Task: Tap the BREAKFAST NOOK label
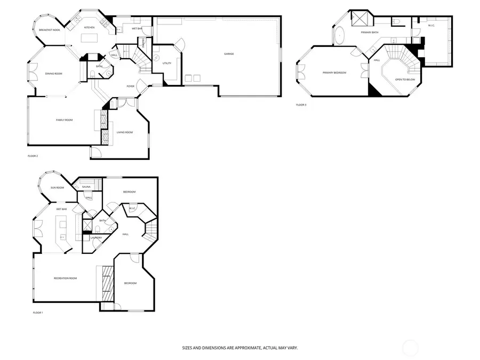point(49,30)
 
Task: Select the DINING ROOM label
point(53,74)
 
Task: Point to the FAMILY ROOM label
point(64,120)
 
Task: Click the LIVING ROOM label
point(125,132)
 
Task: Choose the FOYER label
point(130,86)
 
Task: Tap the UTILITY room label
point(166,63)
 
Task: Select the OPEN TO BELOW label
point(405,79)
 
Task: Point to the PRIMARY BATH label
point(369,33)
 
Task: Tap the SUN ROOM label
point(57,188)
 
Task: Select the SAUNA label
point(86,187)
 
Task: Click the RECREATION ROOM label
point(65,278)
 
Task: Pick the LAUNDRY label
point(96,238)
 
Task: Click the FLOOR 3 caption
point(301,105)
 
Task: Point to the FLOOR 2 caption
point(33,156)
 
